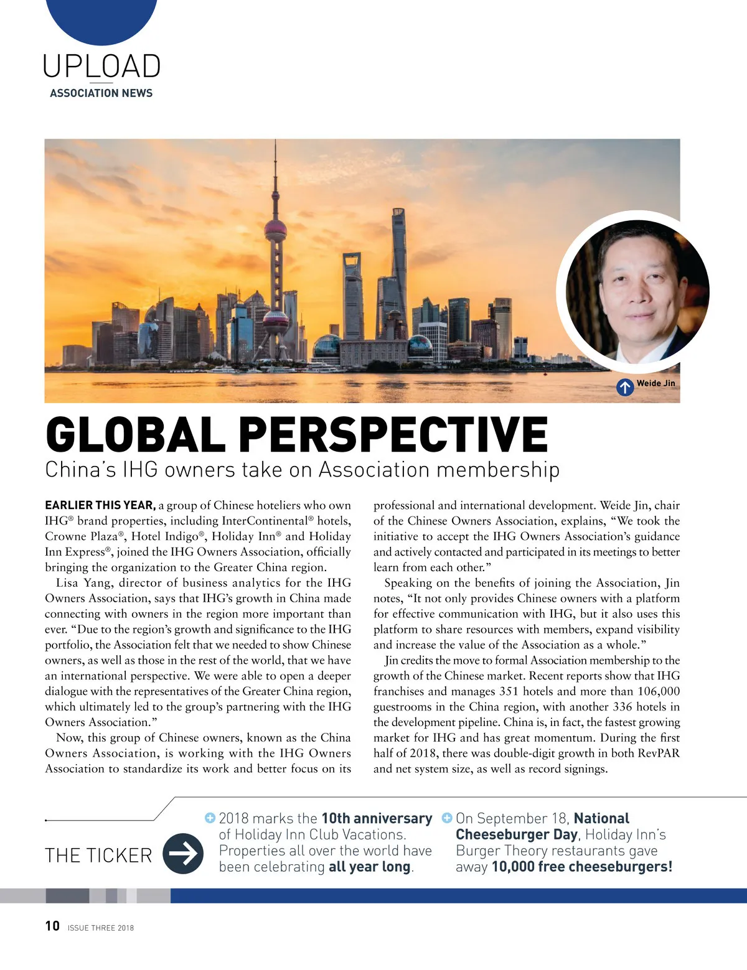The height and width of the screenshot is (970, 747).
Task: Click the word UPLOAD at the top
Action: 101,67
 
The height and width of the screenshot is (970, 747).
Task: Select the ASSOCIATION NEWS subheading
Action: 101,93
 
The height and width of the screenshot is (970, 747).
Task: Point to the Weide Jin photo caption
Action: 655,383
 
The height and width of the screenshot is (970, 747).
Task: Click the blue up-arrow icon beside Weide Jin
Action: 625,387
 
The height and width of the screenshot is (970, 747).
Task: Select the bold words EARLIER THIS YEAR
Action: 100,505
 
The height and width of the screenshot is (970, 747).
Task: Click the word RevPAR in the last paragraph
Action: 659,753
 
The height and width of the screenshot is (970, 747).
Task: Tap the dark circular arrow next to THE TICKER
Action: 183,854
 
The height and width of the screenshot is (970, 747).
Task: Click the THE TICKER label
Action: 98,856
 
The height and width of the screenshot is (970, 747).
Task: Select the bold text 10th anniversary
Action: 377,818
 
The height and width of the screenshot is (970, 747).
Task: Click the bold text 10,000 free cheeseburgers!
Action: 581,867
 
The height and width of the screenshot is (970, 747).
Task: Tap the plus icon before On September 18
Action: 446,818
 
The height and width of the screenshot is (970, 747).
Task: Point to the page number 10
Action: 52,926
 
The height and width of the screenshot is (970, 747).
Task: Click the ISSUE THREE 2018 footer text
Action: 101,928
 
